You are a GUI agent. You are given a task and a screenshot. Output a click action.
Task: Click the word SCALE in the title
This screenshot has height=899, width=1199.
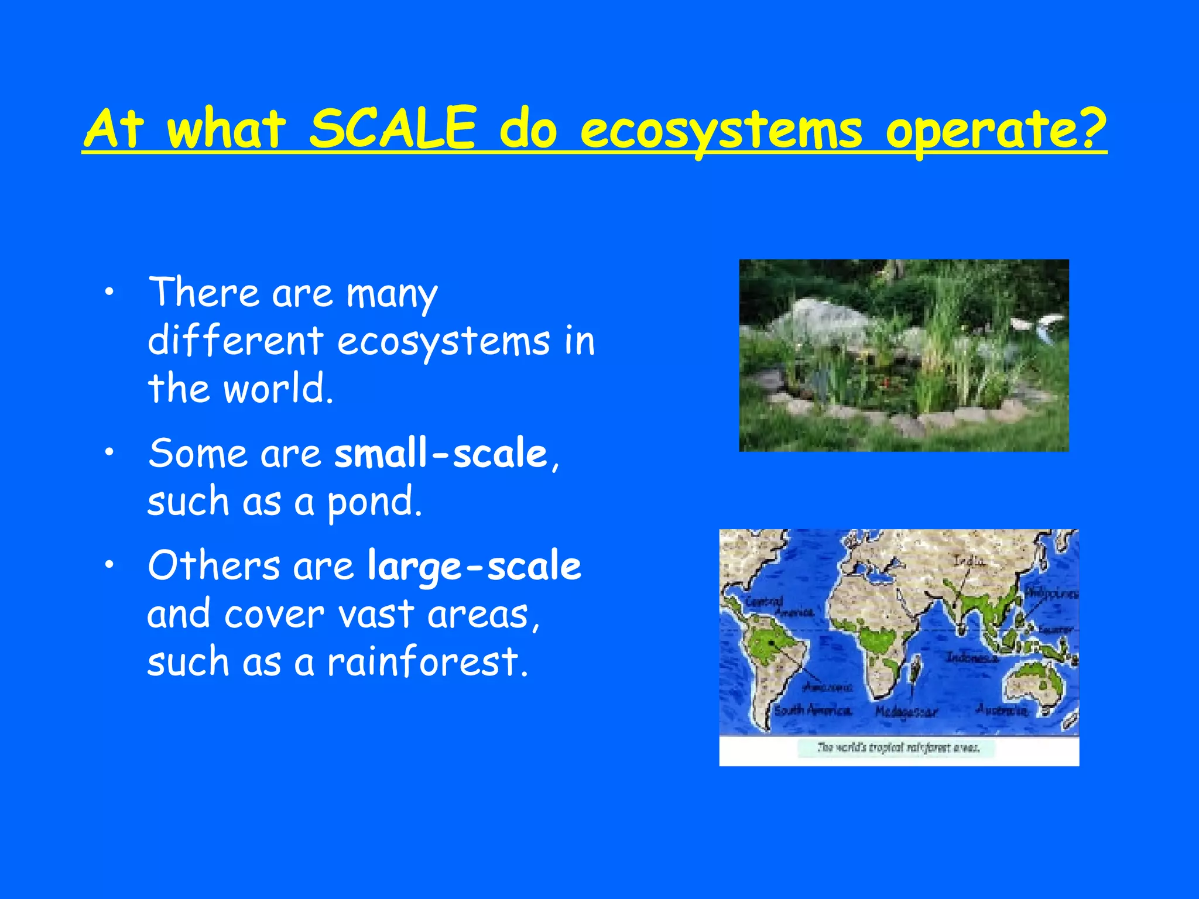[392, 129]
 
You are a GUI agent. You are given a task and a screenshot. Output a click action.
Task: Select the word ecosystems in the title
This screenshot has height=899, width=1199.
[721, 130]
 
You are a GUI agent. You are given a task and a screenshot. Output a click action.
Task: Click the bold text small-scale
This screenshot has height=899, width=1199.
[440, 454]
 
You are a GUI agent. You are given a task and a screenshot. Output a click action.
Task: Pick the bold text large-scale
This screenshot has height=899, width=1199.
[474, 567]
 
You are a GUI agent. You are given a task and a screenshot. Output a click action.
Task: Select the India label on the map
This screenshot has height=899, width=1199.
[968, 561]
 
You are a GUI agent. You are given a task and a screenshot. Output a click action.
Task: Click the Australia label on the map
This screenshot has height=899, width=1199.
[1002, 710]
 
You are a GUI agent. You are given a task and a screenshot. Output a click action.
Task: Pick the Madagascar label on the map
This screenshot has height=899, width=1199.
[906, 712]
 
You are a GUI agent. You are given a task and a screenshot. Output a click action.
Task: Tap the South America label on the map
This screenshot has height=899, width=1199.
[813, 711]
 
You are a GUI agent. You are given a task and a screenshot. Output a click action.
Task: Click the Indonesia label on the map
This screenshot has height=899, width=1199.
[972, 658]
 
